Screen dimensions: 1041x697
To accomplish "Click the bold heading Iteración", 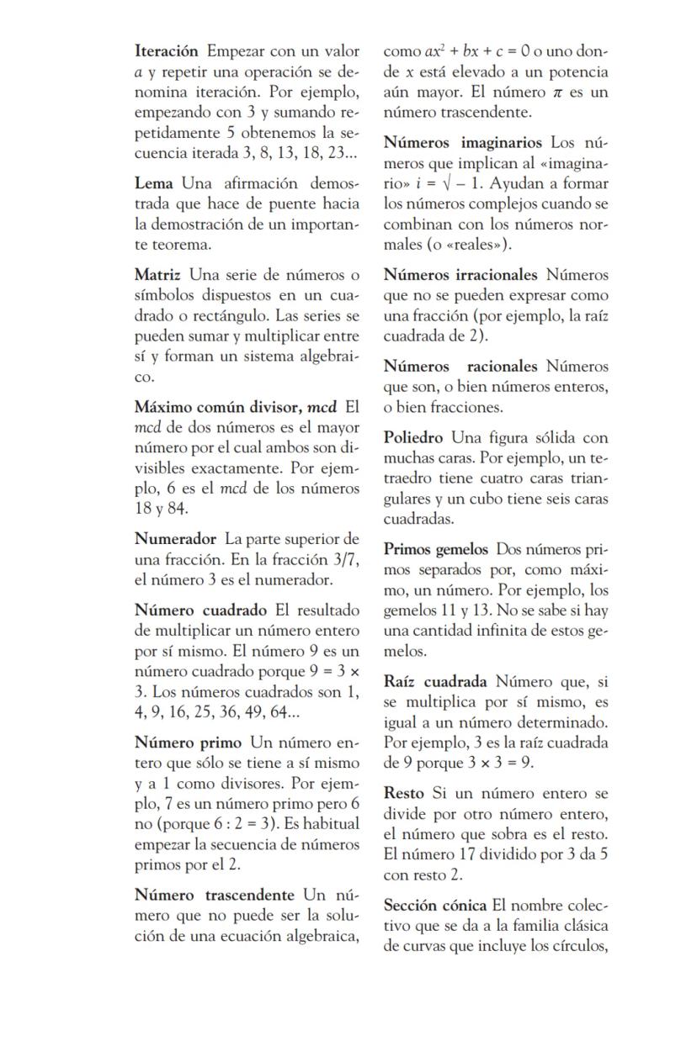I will [x=166, y=52].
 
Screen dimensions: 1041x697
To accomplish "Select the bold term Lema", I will [x=153, y=183].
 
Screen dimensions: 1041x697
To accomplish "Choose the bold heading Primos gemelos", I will [x=435, y=550].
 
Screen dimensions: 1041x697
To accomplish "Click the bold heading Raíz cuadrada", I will [x=435, y=682].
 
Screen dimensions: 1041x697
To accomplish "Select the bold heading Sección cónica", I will [x=435, y=906].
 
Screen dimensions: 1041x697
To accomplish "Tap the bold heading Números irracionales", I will [x=460, y=275].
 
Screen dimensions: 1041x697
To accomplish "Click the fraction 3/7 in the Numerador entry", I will [x=344, y=560].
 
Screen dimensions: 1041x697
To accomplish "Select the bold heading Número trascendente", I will [x=215, y=896].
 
